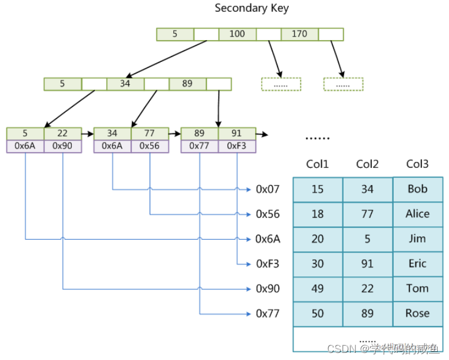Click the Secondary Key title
click(252, 8)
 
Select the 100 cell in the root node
click(237, 34)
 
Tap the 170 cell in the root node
click(299, 34)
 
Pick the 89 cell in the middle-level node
click(187, 84)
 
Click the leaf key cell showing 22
click(62, 133)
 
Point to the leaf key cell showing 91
click(237, 133)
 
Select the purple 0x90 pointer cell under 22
click(62, 146)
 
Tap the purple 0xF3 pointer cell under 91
click(237, 146)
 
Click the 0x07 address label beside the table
click(268, 189)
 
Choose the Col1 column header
click(318, 164)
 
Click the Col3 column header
click(417, 164)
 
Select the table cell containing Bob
click(417, 189)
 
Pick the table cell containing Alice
click(417, 214)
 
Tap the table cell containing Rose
click(417, 313)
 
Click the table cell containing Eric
click(417, 264)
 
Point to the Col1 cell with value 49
click(318, 289)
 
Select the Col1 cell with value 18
click(318, 214)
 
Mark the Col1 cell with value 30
click(318, 264)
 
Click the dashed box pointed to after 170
click(343, 84)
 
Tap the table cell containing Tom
click(417, 289)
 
